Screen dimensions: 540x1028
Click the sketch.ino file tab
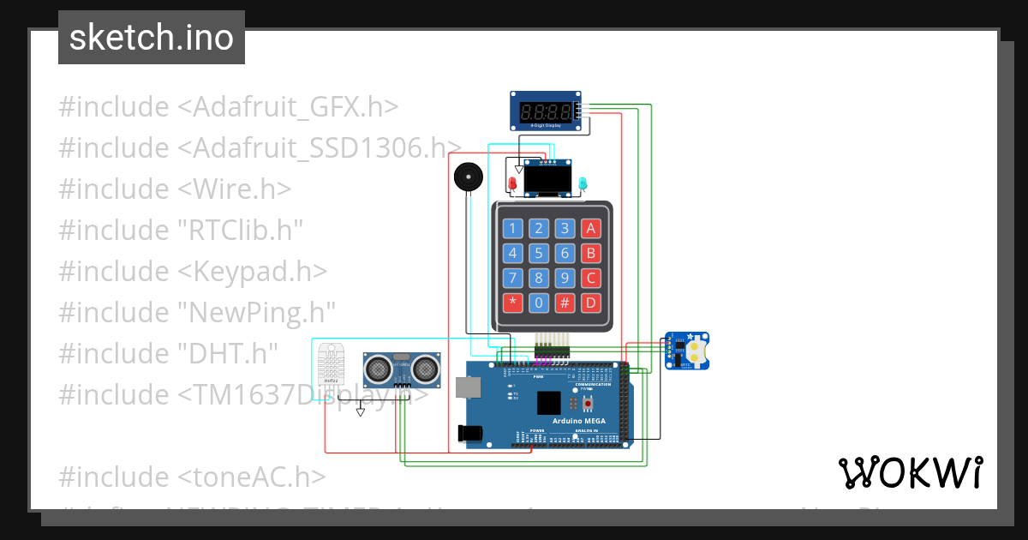tap(152, 38)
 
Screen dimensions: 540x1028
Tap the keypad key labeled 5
tap(538, 253)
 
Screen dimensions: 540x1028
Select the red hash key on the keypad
tap(564, 303)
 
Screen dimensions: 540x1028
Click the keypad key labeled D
tap(589, 303)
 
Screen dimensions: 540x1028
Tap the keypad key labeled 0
tap(538, 303)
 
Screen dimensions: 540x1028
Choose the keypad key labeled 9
tap(564, 278)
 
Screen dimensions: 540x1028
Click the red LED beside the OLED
tap(512, 183)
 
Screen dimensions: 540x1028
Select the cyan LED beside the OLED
tap(583, 183)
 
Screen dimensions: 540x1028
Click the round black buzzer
tap(468, 177)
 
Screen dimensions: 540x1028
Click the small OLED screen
tap(547, 180)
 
